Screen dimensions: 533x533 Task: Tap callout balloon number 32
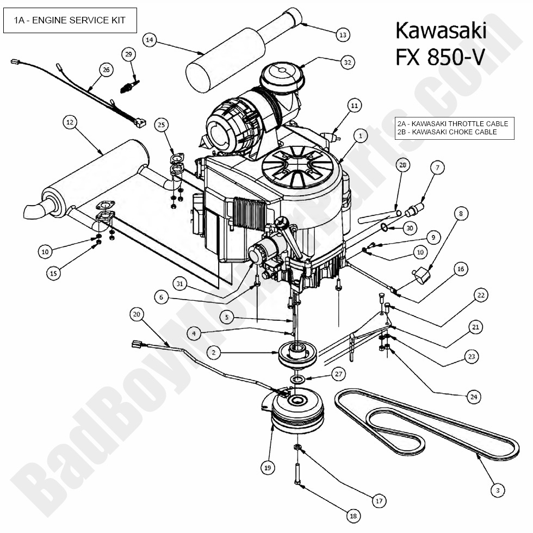(x=347, y=63)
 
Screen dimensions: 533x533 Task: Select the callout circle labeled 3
(x=497, y=491)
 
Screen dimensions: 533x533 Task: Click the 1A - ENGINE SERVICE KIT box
(x=70, y=21)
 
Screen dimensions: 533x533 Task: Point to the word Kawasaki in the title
(x=441, y=30)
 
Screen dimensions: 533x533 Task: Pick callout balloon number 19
(x=267, y=467)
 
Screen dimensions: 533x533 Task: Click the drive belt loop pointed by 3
(x=424, y=424)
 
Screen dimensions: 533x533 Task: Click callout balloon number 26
(x=106, y=69)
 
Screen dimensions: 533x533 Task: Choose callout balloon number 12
(x=69, y=123)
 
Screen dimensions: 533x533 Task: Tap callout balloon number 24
(x=474, y=397)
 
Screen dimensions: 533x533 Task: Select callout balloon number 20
(x=137, y=314)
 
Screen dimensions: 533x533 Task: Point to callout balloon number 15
(x=53, y=274)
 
